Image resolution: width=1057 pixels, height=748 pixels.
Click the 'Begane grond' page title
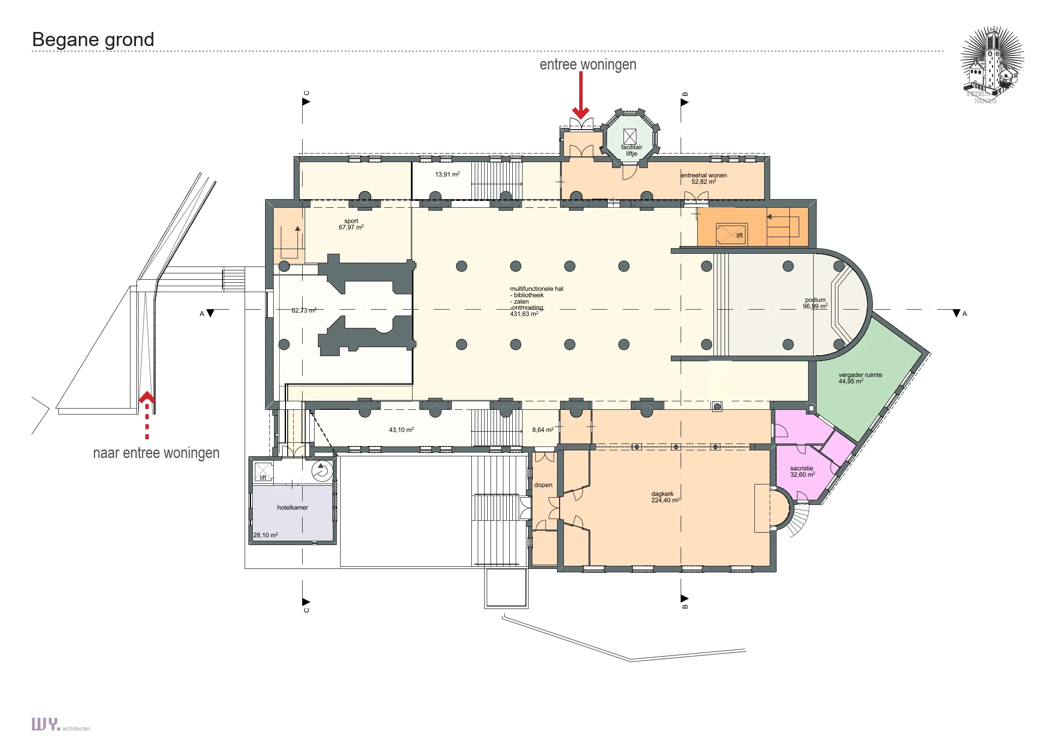(93, 40)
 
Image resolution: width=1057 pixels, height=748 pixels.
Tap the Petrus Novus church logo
(992, 65)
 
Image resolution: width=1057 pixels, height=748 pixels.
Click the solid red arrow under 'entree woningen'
(581, 96)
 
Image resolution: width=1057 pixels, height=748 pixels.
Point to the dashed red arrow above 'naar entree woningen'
(147, 415)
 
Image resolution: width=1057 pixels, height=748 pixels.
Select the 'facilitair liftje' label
(632, 150)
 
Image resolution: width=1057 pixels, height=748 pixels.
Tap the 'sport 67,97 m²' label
(351, 224)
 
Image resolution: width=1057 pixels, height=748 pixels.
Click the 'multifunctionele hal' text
(536, 289)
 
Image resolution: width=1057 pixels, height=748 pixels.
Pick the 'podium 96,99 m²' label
(815, 303)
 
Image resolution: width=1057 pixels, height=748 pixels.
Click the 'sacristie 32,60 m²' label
(803, 472)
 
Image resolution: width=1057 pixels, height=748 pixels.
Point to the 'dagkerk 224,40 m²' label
(665, 497)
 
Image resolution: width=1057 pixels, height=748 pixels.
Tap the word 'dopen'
(543, 485)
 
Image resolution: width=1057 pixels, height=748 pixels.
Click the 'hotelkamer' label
(292, 507)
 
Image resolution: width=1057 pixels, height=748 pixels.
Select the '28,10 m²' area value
(266, 535)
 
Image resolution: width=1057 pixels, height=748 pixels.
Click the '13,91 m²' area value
(448, 174)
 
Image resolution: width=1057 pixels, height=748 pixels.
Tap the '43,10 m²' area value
(401, 430)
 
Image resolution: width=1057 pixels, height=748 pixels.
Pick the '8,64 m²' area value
(543, 430)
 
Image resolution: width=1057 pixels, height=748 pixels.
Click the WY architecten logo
(61, 725)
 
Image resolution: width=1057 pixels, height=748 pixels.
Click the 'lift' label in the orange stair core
(739, 235)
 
